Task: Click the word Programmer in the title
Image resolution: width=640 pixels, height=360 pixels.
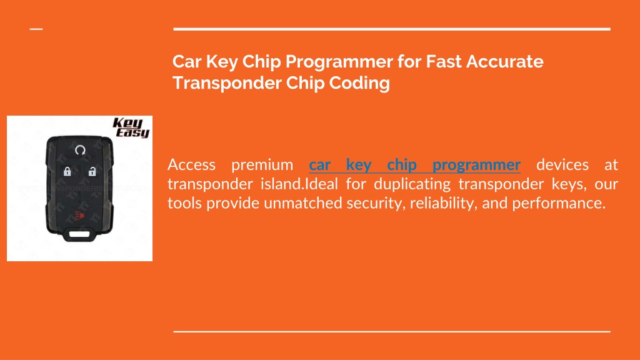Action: [339, 62]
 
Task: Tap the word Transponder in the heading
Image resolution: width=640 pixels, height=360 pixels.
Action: [227, 83]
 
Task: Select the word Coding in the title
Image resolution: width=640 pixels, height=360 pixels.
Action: [359, 83]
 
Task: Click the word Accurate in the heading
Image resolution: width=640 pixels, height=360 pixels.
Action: [505, 62]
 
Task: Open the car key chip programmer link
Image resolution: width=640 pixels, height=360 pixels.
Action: [415, 165]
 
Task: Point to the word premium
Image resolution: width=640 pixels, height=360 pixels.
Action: [262, 165]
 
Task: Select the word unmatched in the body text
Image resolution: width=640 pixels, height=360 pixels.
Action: [303, 203]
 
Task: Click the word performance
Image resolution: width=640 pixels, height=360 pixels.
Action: [559, 204]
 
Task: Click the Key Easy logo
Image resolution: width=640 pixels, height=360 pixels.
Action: [131, 127]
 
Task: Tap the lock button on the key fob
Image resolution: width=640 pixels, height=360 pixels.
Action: [67, 171]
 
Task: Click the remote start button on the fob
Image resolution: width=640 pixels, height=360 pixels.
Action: [80, 150]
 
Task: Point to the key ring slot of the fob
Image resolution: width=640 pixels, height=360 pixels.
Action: [80, 234]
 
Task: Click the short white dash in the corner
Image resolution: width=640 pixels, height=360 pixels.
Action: [36, 29]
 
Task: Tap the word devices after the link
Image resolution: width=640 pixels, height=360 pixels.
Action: [562, 165]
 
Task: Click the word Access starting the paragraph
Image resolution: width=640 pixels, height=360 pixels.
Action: [191, 165]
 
